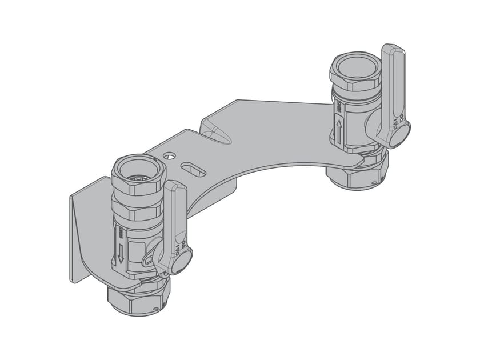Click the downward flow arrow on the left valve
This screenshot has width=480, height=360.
pos(120,252)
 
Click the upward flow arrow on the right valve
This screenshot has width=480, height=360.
pos(339,131)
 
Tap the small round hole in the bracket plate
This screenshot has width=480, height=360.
pos(169,155)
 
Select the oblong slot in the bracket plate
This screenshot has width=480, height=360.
pos(194,169)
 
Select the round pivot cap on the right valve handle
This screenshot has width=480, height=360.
pos(398,135)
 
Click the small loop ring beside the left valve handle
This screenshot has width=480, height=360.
pos(148,260)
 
